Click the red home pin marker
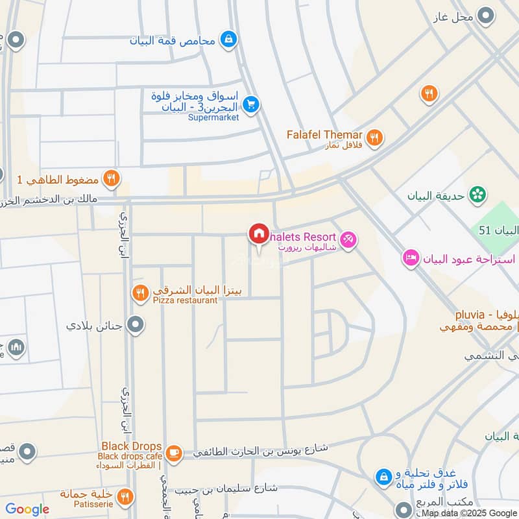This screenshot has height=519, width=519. coord(258,233)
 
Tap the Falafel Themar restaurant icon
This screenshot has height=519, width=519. coord(374,137)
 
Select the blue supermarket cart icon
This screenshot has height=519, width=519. coord(251,104)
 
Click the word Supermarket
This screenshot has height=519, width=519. coord(213,117)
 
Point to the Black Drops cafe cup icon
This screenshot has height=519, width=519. coord(173,451)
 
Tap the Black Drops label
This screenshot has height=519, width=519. coord(131,446)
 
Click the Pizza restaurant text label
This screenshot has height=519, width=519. coord(185,300)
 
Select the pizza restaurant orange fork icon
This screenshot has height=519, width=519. coord(140,293)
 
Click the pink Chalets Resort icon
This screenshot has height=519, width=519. coord(348,240)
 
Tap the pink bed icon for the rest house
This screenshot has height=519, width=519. coord(411,259)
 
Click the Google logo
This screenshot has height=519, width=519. coord(27,509)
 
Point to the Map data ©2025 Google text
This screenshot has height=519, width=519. coord(470,513)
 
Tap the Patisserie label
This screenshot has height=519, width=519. coord(96,503)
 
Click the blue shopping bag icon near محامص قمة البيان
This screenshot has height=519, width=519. coord(228,40)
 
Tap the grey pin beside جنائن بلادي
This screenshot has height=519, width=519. coord(135,324)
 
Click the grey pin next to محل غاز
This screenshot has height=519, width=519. coord(485,15)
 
